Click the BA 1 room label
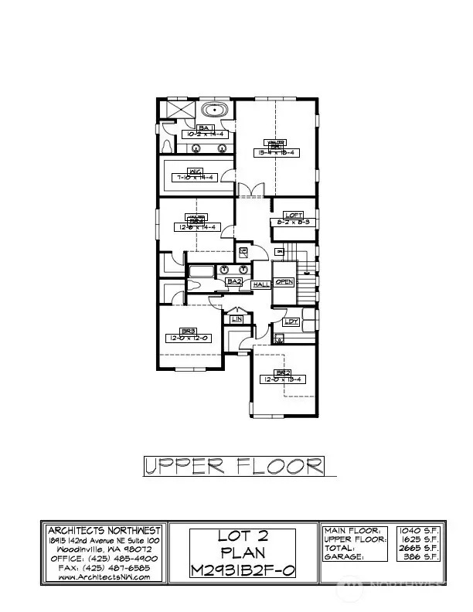(206, 127)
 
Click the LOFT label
(293, 215)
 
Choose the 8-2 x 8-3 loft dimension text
(293, 223)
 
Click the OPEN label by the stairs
(284, 281)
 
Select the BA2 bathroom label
(233, 282)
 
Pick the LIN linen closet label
(237, 318)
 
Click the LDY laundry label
(291, 321)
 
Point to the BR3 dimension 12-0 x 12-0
(188, 338)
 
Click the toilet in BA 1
(168, 144)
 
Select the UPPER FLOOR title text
(233, 465)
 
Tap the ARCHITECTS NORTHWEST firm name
(104, 530)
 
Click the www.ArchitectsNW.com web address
(104, 576)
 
